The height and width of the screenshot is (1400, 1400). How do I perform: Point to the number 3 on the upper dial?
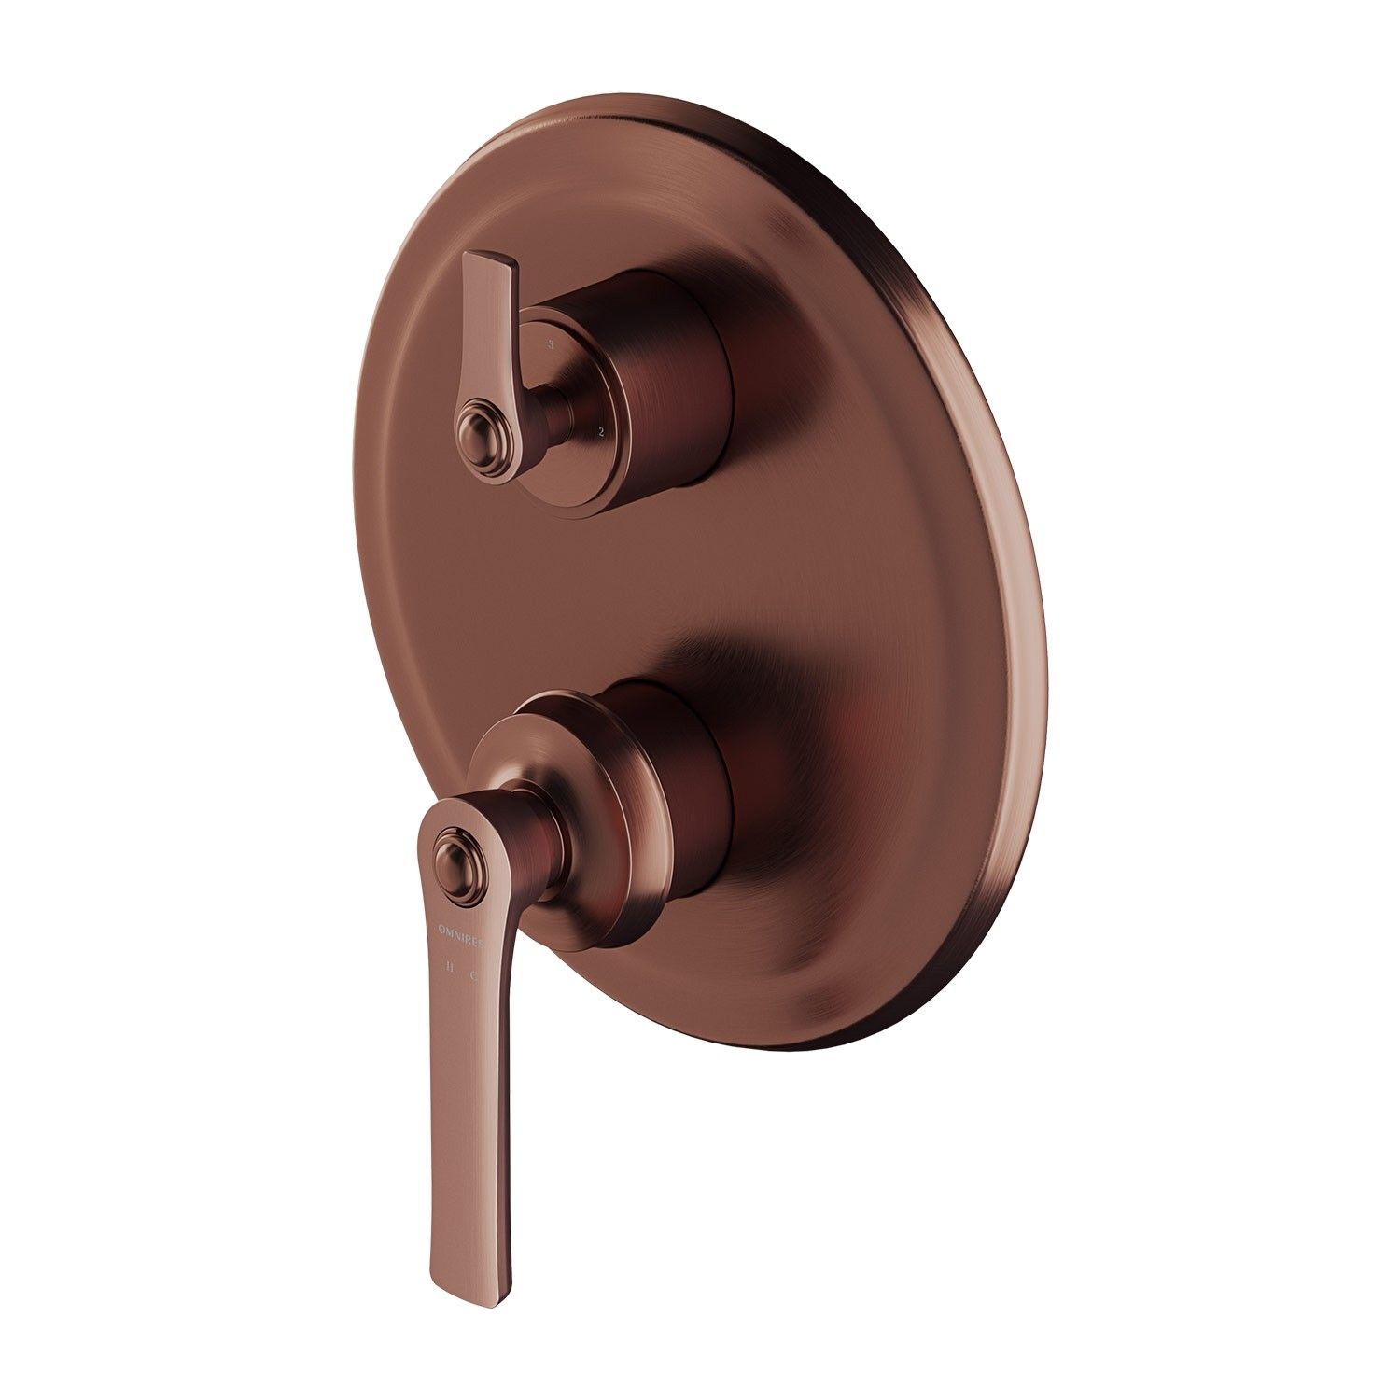pyautogui.click(x=552, y=344)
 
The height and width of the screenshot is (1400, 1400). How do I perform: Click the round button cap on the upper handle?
pyautogui.click(x=477, y=431)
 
